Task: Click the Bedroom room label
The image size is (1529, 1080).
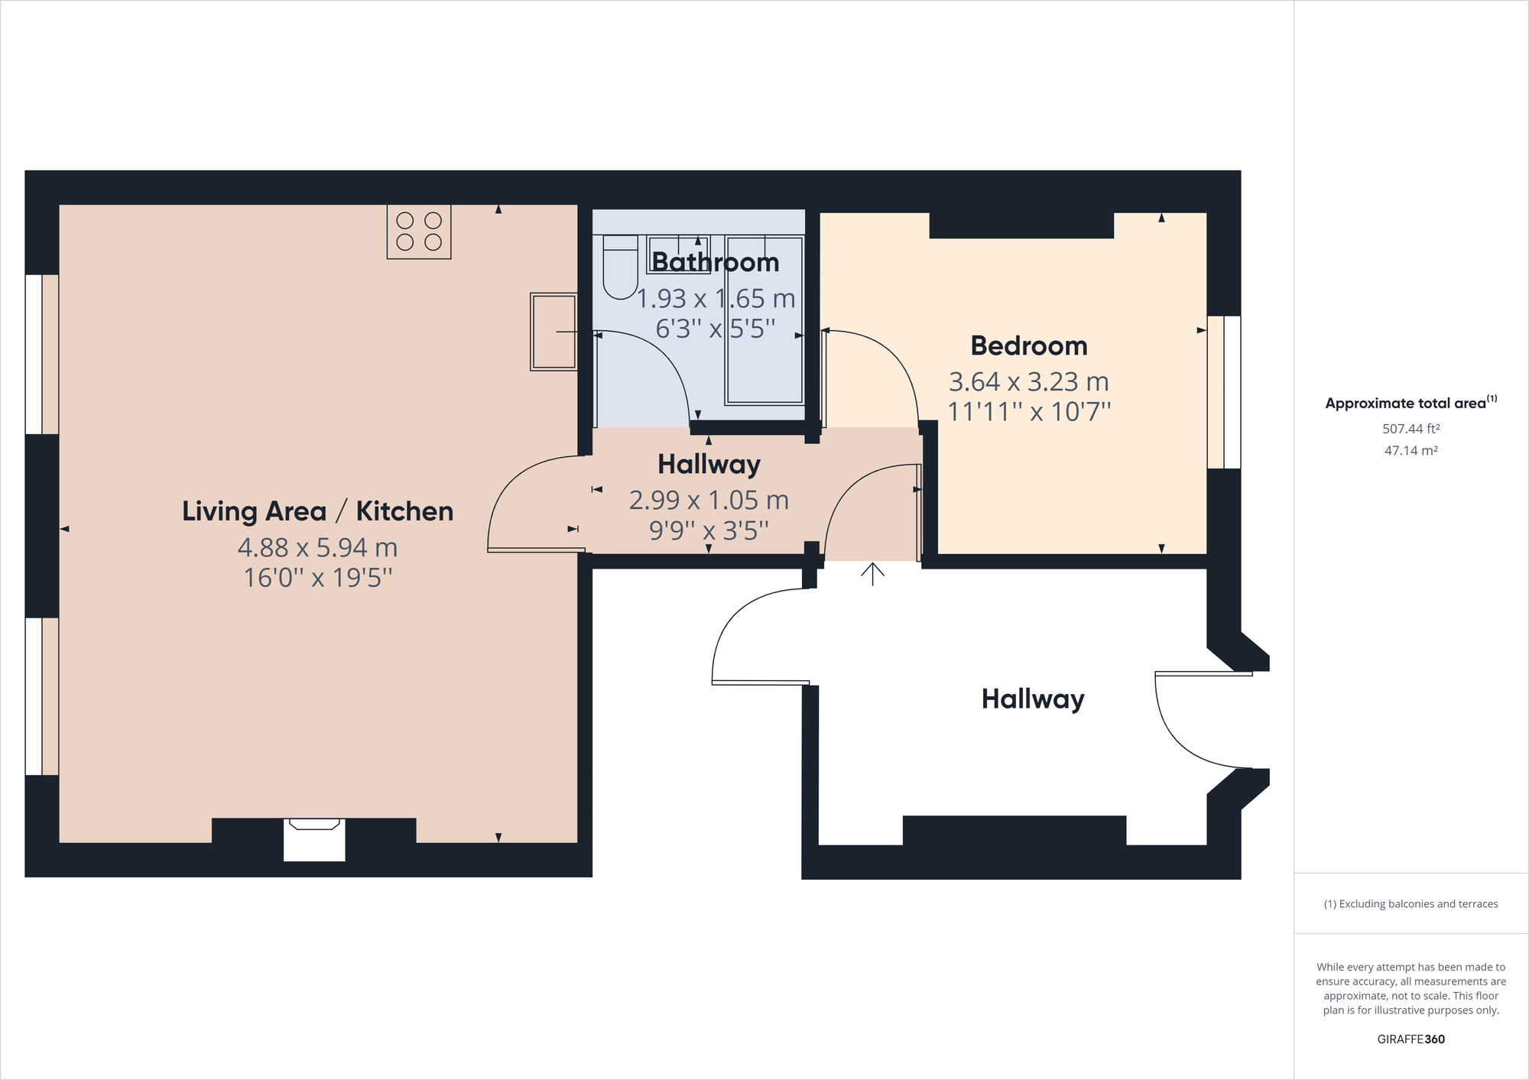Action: pyautogui.click(x=1028, y=346)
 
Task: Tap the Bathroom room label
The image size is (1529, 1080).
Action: pyautogui.click(x=715, y=262)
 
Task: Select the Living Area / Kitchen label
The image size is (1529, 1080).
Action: pyautogui.click(x=317, y=511)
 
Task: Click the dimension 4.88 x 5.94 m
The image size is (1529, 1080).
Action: pyautogui.click(x=317, y=547)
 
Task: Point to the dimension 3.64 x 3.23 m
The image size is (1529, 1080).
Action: pyautogui.click(x=1028, y=381)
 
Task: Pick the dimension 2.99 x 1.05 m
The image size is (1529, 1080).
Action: pyautogui.click(x=709, y=500)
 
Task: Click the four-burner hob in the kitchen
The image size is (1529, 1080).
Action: pyautogui.click(x=419, y=232)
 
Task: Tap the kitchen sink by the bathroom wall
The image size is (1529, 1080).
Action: pyautogui.click(x=553, y=332)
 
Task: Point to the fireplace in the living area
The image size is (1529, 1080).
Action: pyautogui.click(x=314, y=838)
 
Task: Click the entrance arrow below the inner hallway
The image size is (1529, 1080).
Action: pyautogui.click(x=872, y=574)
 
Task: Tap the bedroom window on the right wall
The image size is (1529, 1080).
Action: pyautogui.click(x=1224, y=392)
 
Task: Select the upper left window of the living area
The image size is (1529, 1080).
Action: pyautogui.click(x=41, y=354)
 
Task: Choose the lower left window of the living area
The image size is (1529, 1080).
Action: pyautogui.click(x=41, y=696)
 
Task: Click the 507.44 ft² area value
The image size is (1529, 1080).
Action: pyautogui.click(x=1411, y=429)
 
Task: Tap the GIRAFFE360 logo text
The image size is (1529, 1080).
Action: pyautogui.click(x=1411, y=1039)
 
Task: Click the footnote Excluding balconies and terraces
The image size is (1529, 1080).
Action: pyautogui.click(x=1411, y=904)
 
